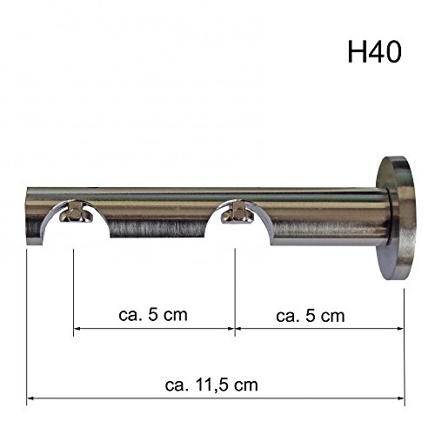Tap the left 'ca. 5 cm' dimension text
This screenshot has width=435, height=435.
point(152,313)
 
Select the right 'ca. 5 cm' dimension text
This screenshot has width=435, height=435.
point(310,313)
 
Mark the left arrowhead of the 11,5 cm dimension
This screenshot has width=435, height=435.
point(32,398)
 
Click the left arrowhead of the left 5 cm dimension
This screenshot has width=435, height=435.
point(77,329)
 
